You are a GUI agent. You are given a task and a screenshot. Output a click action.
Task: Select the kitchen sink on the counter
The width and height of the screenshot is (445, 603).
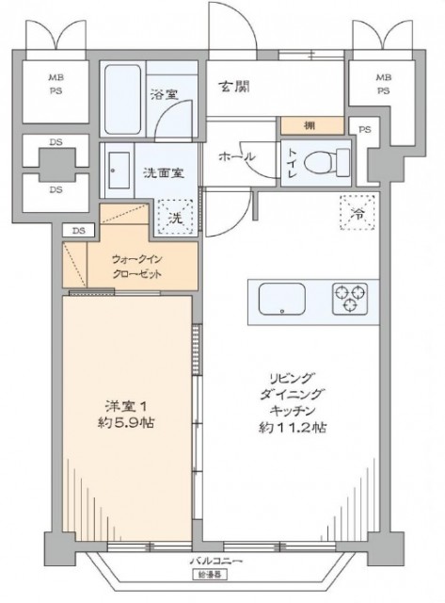(281, 299)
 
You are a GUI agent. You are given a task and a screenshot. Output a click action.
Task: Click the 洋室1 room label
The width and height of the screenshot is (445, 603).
(122, 405)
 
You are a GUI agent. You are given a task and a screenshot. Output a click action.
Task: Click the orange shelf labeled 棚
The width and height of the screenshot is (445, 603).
(309, 125)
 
